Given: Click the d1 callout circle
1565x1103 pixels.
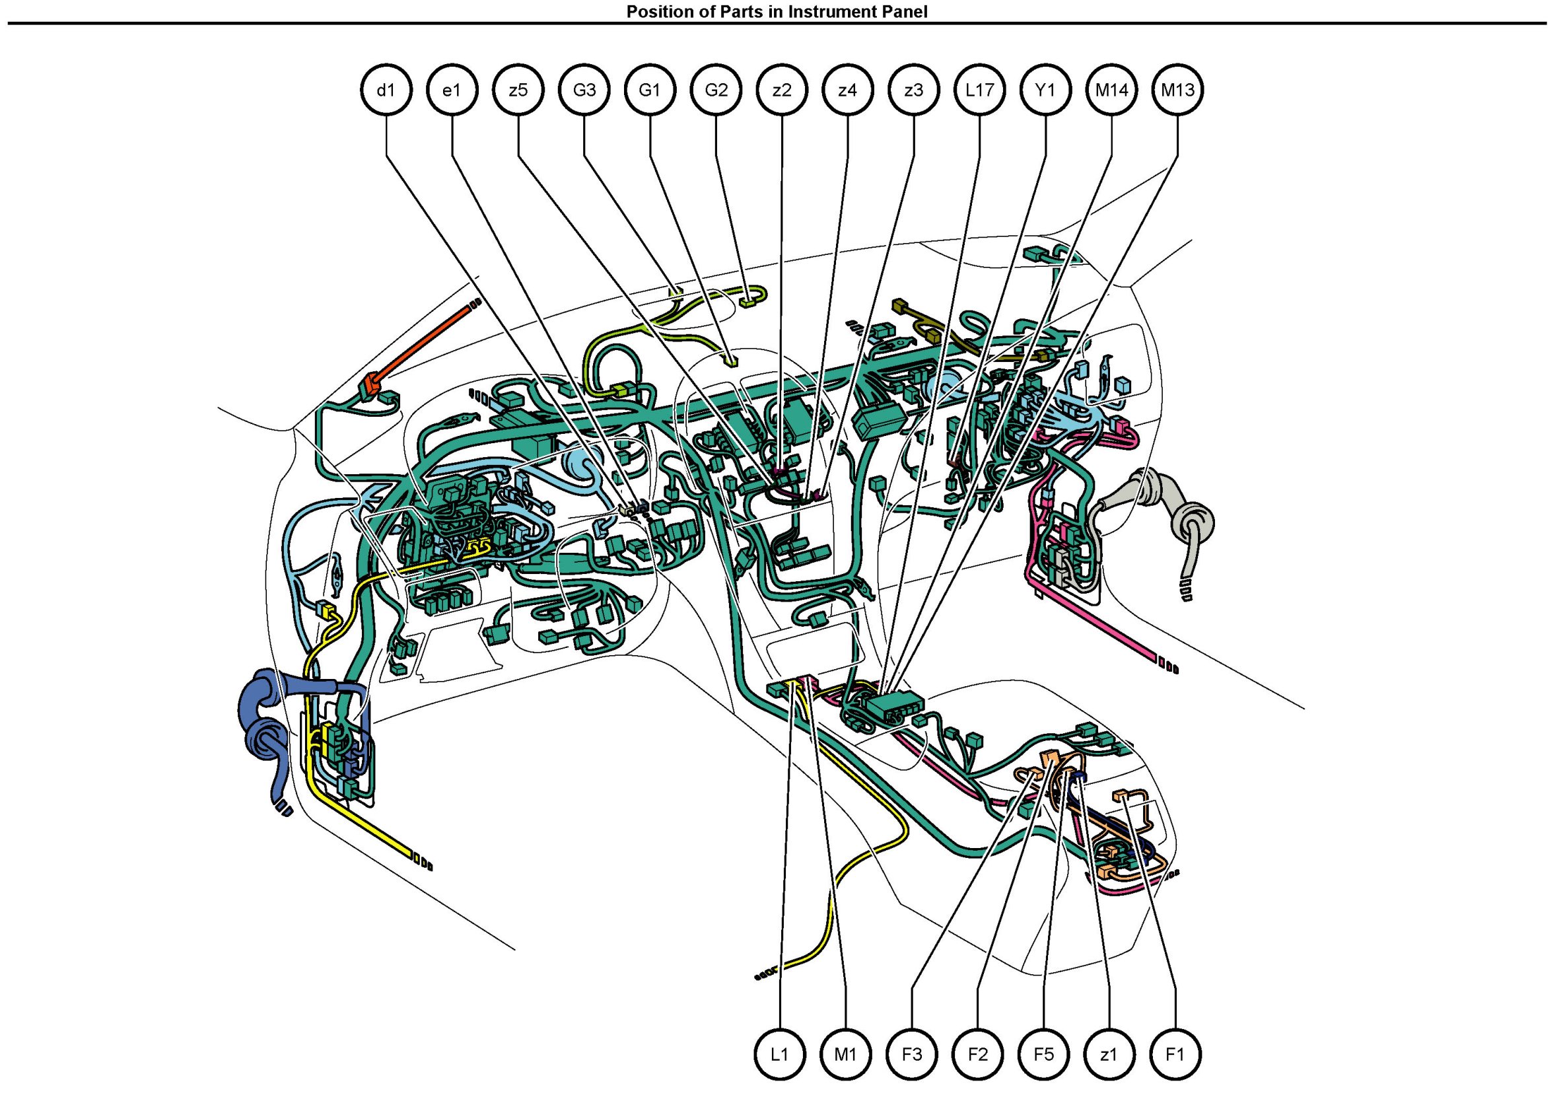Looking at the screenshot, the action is pyautogui.click(x=386, y=90).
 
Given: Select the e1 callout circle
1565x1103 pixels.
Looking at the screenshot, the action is pyautogui.click(x=452, y=90).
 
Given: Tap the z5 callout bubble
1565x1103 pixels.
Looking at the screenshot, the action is pyautogui.click(x=518, y=90).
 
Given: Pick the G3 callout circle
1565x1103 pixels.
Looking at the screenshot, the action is pyautogui.click(x=584, y=90).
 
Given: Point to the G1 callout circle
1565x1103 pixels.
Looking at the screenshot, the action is pyautogui.click(x=650, y=90).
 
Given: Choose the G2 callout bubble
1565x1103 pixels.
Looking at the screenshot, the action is pyautogui.click(x=716, y=90).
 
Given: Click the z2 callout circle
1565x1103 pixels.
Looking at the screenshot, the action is pyautogui.click(x=782, y=90).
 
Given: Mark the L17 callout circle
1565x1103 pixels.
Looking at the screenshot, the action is pyautogui.click(x=979, y=90).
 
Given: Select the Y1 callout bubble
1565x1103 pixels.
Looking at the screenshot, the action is pyautogui.click(x=1045, y=90).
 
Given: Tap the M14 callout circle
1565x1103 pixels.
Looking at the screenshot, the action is pyautogui.click(x=1112, y=90).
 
